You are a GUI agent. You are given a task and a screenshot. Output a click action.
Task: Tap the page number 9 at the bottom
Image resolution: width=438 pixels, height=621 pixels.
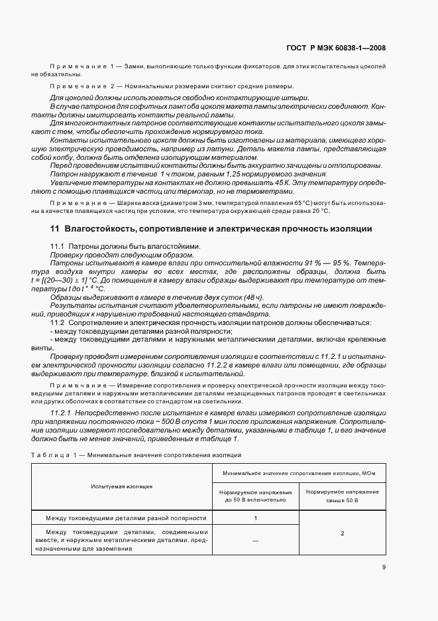(x=384, y=567)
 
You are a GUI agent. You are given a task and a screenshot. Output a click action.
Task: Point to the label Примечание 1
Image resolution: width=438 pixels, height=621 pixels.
(x=82, y=67)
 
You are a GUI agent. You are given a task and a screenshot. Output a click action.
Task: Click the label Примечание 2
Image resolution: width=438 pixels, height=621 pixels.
(x=82, y=87)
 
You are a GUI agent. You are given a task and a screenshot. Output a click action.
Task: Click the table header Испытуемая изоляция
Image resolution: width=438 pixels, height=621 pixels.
(x=121, y=486)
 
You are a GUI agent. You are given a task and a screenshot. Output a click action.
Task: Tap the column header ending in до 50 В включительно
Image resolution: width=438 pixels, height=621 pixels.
(x=255, y=496)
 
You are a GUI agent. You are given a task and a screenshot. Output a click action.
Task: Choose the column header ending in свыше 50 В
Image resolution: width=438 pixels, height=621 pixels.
(x=343, y=496)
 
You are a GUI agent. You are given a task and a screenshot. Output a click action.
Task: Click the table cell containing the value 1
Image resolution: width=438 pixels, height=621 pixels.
(x=255, y=518)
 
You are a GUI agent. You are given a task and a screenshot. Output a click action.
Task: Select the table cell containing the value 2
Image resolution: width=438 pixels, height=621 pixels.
(x=342, y=533)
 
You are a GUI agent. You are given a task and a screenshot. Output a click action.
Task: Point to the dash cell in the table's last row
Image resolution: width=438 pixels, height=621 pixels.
(x=255, y=541)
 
